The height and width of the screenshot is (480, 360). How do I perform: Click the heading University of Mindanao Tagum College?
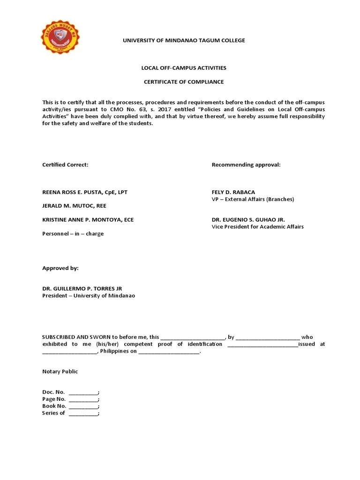184,40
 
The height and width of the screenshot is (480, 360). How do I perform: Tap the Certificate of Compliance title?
184,82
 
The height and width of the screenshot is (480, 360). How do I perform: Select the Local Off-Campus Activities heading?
184,68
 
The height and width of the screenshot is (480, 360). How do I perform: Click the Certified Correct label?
65,165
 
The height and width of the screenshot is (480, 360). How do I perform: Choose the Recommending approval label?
246,165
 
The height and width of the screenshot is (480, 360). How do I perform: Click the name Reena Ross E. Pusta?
84,192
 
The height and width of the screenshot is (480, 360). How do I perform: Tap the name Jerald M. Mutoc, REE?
75,206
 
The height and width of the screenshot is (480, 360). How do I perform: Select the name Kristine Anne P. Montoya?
88,219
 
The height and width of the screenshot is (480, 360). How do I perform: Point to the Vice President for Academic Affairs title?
257,226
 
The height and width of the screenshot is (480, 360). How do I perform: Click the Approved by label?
60,268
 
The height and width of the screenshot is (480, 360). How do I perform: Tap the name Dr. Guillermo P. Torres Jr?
82,289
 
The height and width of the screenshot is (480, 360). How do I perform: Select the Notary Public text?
60,371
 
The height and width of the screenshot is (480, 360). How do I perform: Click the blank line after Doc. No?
83,392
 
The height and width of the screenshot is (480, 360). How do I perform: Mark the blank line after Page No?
83,399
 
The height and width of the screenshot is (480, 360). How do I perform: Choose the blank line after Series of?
83,413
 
